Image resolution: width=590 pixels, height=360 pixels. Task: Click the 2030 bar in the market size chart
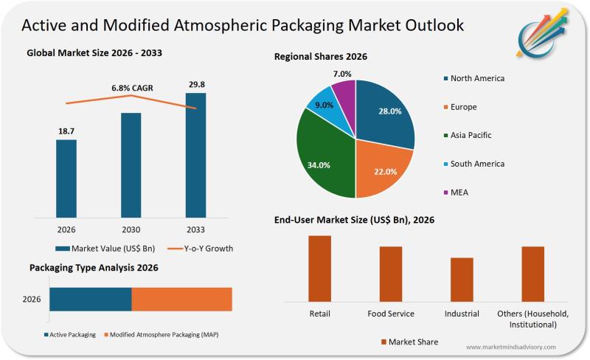(x=131, y=165)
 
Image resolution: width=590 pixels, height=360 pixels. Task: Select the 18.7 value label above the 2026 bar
(x=66, y=131)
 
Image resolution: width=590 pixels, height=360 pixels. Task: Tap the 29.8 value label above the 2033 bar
(x=195, y=84)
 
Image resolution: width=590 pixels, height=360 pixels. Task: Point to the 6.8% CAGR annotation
(x=132, y=88)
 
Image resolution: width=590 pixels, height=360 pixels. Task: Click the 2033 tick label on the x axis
(x=195, y=229)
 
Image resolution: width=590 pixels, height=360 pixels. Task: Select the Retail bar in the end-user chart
(x=319, y=269)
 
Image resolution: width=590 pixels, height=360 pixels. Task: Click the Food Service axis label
(x=391, y=314)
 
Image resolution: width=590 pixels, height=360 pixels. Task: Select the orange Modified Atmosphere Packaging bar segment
(x=181, y=300)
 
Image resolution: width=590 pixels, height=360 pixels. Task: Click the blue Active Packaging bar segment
(x=91, y=300)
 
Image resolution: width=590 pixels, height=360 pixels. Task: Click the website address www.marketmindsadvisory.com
(x=511, y=347)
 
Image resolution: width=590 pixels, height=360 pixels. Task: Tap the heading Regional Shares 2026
(x=321, y=57)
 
